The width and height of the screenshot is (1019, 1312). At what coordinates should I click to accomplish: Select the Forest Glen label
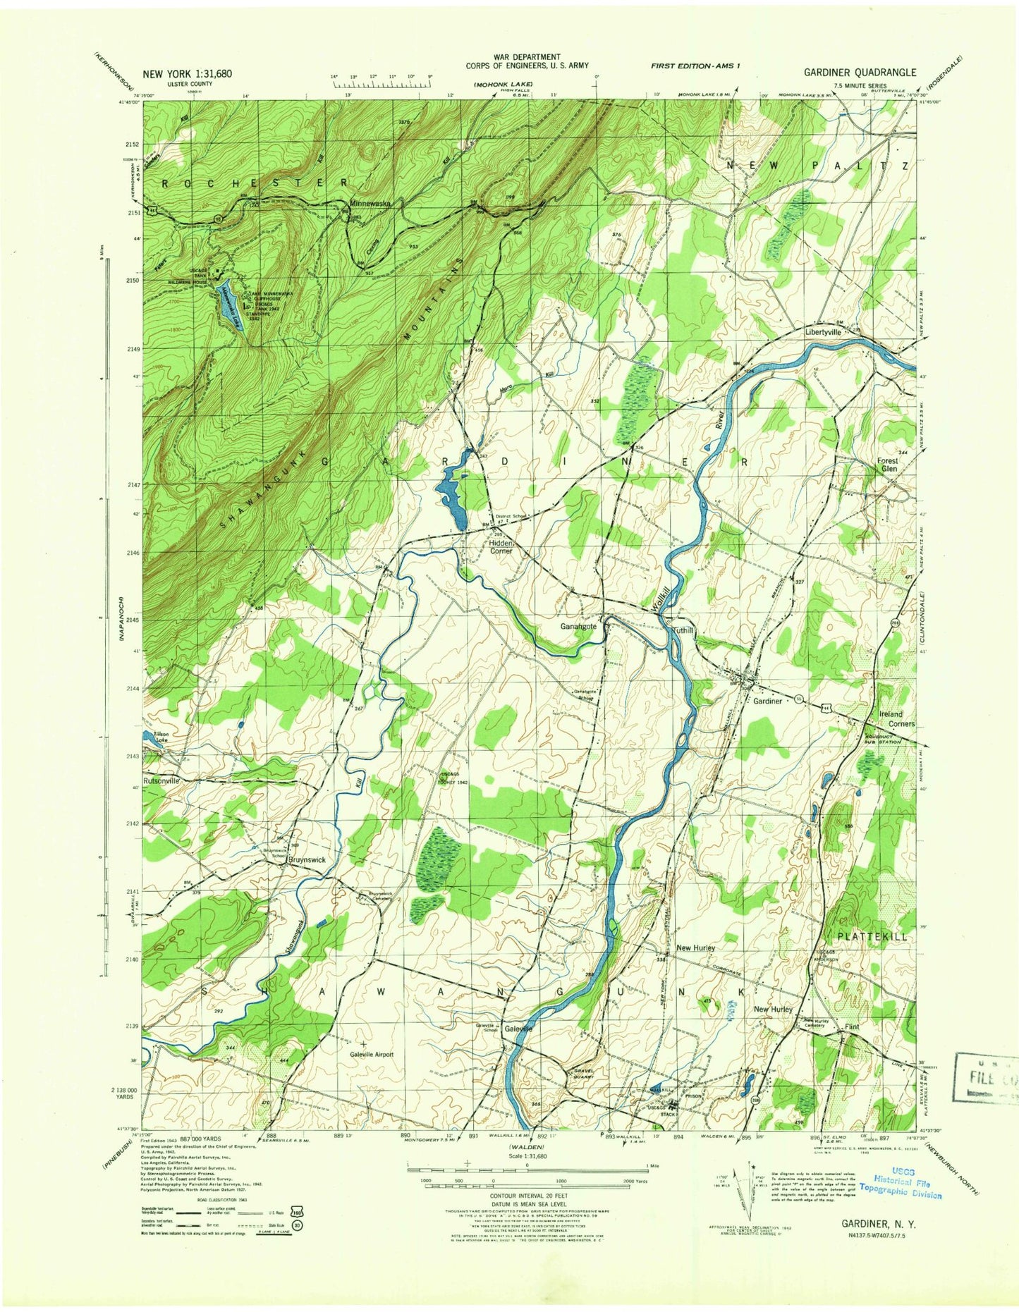pos(887,465)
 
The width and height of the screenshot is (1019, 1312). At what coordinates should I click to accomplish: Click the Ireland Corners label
pos(896,718)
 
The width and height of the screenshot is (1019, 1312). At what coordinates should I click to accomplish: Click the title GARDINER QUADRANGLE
pos(860,72)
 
